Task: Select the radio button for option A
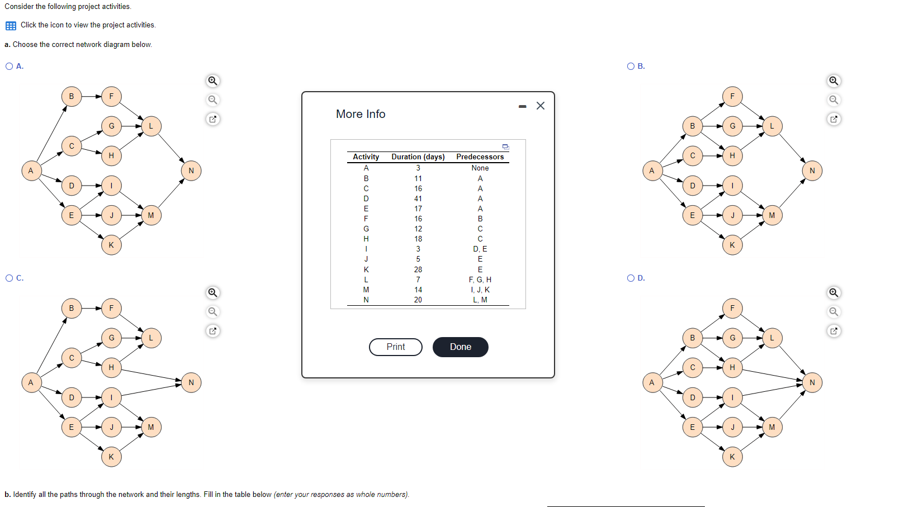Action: pyautogui.click(x=9, y=66)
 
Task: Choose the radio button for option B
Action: pyautogui.click(x=631, y=66)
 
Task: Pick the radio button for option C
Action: pyautogui.click(x=9, y=278)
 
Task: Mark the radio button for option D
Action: pyautogui.click(x=631, y=278)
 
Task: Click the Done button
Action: pyautogui.click(x=460, y=347)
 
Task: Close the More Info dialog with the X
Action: pyautogui.click(x=541, y=106)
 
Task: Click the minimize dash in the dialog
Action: pyautogui.click(x=522, y=107)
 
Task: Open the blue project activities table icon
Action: pyautogui.click(x=11, y=25)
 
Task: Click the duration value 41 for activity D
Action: pyautogui.click(x=418, y=198)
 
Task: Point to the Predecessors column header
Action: pyautogui.click(x=480, y=157)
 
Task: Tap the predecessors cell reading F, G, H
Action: pyautogui.click(x=480, y=279)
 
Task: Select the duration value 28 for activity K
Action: pyautogui.click(x=418, y=269)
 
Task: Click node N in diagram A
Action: pyautogui.click(x=191, y=170)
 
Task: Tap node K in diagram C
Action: pyautogui.click(x=111, y=457)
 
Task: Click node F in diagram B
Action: pyautogui.click(x=732, y=96)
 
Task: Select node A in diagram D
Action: pyautogui.click(x=651, y=383)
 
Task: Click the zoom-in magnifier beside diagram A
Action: pyautogui.click(x=212, y=81)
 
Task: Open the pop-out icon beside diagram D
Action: pyautogui.click(x=833, y=331)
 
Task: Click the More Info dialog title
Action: pyautogui.click(x=361, y=114)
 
